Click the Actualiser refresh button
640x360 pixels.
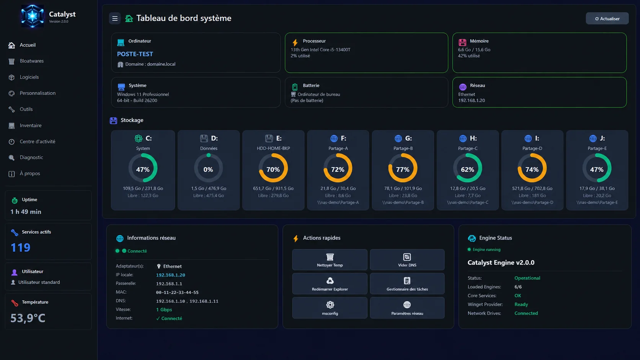pyautogui.click(x=607, y=19)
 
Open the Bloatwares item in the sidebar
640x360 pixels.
pyautogui.click(x=31, y=61)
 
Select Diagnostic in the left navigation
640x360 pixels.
pyautogui.click(x=31, y=157)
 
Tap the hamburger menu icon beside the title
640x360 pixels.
pyautogui.click(x=114, y=18)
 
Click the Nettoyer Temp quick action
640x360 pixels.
pyautogui.click(x=330, y=259)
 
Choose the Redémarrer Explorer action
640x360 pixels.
pyautogui.click(x=330, y=283)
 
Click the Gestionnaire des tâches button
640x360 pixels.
pyautogui.click(x=407, y=283)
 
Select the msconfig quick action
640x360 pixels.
pyautogui.click(x=330, y=308)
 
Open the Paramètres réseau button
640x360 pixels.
pyautogui.click(x=407, y=308)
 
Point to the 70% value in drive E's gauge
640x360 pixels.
pyautogui.click(x=273, y=169)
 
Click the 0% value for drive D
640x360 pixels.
pyautogui.click(x=208, y=169)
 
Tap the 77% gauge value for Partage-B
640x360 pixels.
pyautogui.click(x=403, y=169)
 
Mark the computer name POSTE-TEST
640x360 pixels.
pyautogui.click(x=135, y=54)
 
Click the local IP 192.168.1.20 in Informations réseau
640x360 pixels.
pyautogui.click(x=171, y=275)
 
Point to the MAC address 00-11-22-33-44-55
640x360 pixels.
pyautogui.click(x=177, y=292)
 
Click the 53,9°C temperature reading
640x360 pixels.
pyautogui.click(x=28, y=318)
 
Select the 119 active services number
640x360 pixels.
pyautogui.click(x=20, y=247)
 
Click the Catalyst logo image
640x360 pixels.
pyautogui.click(x=32, y=16)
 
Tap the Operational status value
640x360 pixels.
pyautogui.click(x=527, y=278)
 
